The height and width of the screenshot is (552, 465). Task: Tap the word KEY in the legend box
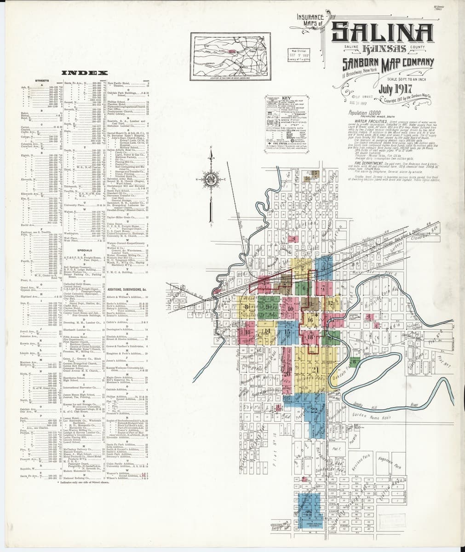pyautogui.click(x=286, y=98)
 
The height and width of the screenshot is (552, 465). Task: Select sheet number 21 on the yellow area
pyautogui.click(x=316, y=369)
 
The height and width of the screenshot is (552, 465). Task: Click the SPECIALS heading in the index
pyautogui.click(x=85, y=250)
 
